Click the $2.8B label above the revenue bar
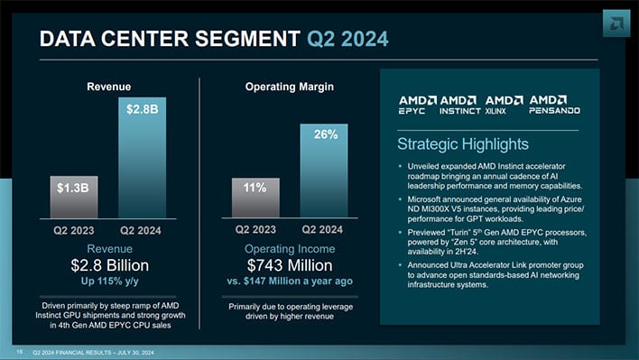pos(143,110)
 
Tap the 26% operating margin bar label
pos(326,134)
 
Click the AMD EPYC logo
pos(418,105)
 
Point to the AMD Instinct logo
pos(459,105)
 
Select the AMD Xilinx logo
pos(504,105)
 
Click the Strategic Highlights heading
pos(463,144)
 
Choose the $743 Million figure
pos(291,265)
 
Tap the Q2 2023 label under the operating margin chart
pos(255,230)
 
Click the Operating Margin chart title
pos(290,87)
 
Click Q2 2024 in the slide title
pos(348,38)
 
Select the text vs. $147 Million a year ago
pos(291,281)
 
